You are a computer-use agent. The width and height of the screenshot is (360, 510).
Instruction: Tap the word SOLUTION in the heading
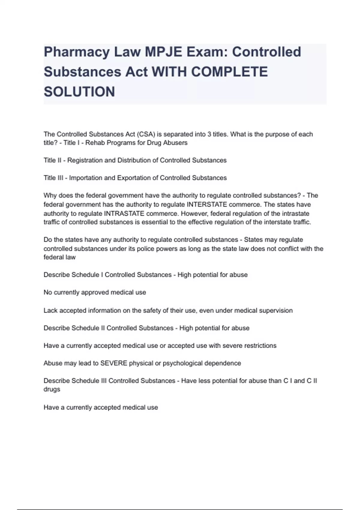click(79, 92)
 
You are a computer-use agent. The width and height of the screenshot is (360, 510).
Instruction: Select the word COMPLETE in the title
click(229, 72)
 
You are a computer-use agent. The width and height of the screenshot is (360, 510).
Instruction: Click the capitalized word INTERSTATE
click(207, 205)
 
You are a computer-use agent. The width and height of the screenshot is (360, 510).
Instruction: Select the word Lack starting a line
click(50, 310)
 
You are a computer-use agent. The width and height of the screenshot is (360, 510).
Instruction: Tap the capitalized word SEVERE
click(114, 363)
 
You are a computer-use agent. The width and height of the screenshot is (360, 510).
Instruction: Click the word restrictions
click(260, 346)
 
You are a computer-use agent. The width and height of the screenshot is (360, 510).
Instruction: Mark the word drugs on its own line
click(52, 389)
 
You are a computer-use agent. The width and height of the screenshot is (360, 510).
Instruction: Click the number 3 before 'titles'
click(209, 134)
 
